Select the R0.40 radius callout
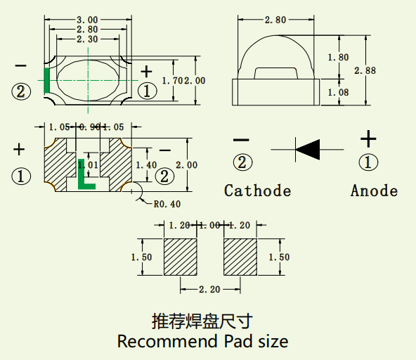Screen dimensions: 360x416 tap(167, 205)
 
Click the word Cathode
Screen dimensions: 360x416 tap(257, 191)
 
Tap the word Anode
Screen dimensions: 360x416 tap(374, 191)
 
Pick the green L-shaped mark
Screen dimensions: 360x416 tap(84, 176)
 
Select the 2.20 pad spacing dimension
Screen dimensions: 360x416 tap(209, 289)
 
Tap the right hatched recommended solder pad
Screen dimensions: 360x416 tap(240, 257)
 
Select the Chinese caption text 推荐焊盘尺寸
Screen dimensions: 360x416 tap(202, 321)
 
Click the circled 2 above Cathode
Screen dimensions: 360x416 tap(242, 162)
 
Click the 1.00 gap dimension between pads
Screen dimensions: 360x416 tap(209, 226)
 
